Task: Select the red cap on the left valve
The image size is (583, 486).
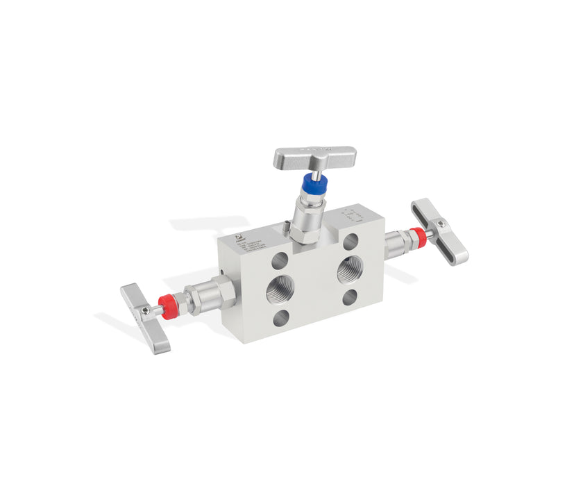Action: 167,305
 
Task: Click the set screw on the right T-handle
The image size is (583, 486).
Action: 440,224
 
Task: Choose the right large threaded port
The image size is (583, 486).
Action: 349,269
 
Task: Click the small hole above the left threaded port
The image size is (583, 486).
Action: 280,260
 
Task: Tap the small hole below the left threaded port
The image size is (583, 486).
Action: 281,318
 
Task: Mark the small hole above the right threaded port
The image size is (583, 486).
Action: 350,242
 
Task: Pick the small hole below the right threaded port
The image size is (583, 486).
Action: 350,297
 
